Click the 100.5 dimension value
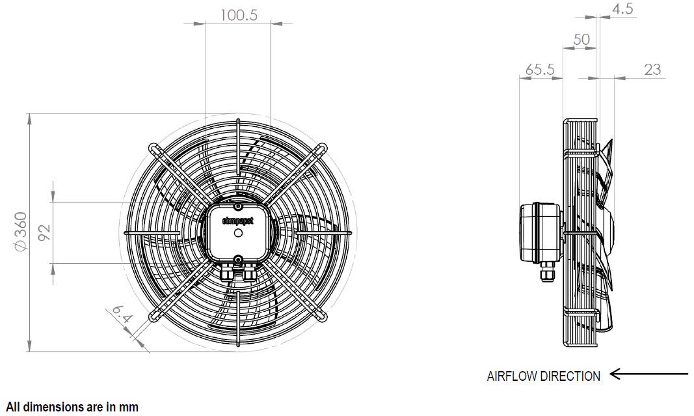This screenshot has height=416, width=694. [x=238, y=15]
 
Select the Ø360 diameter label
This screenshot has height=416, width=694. [x=20, y=230]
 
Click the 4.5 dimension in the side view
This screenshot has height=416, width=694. [x=622, y=8]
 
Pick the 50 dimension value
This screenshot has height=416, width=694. [x=581, y=39]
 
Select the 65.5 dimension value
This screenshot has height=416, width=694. [x=539, y=69]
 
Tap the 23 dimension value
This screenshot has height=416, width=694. [x=652, y=69]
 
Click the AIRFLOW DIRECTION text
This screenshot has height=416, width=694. [x=543, y=376]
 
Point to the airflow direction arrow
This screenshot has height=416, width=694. [x=649, y=374]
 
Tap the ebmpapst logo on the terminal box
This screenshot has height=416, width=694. [x=238, y=221]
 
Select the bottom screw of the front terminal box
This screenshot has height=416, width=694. [x=239, y=260]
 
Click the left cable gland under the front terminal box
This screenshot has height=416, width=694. [x=228, y=274]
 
